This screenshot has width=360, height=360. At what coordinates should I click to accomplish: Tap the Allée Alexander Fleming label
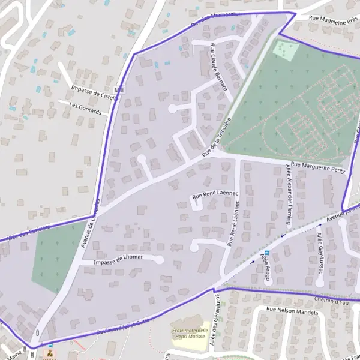point(289,193)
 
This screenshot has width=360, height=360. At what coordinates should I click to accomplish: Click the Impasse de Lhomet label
point(119,258)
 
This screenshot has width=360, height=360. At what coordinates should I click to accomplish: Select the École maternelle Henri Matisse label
point(190,334)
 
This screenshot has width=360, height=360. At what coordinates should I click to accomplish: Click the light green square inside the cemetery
point(286,49)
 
